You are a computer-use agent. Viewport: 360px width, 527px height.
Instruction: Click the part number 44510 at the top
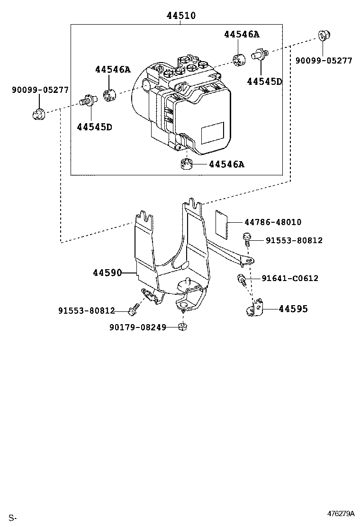coord(181,16)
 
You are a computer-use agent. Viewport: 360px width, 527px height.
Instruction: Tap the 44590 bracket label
coord(107,273)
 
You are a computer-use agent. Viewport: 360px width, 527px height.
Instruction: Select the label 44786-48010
coord(273,222)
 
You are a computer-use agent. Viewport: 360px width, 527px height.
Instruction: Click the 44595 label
coord(293,309)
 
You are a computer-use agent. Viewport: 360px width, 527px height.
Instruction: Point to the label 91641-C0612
coord(290,278)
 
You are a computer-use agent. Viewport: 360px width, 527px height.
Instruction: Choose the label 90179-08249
coord(138,327)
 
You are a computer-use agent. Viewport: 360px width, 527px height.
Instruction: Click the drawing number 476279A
coord(341,514)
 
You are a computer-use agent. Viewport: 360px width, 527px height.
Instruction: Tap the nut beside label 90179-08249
coord(182,326)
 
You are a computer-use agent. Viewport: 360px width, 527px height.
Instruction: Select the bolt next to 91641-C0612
coord(242,280)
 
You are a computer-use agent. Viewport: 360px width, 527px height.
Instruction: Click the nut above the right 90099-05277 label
coord(324,35)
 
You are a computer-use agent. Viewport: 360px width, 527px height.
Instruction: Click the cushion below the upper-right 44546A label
coord(239,59)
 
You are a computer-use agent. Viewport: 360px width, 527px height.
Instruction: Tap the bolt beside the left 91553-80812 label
coord(133,309)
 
